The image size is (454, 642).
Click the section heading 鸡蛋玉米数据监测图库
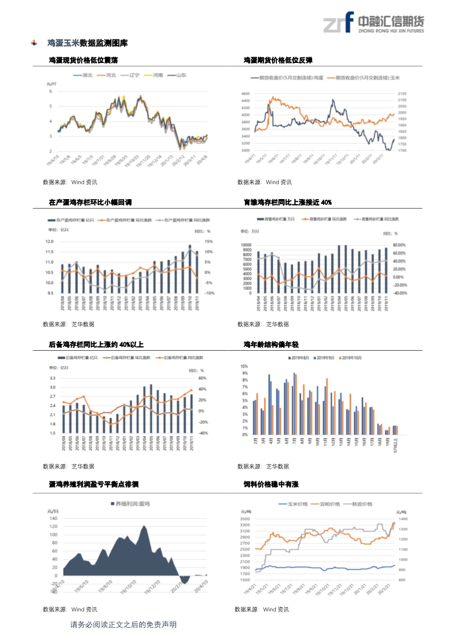coord(87,43)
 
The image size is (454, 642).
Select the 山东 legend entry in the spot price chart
coord(179,75)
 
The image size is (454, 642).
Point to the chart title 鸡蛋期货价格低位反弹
coord(278,60)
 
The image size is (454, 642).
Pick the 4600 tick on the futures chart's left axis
coord(246,93)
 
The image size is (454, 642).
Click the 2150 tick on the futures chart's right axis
coord(402,93)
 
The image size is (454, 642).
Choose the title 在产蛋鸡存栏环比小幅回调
coord(90,202)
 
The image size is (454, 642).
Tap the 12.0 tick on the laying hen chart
coord(49,241)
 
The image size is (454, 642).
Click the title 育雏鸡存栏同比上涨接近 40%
coord(287,202)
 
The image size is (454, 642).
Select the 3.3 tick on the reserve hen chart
coord(52,378)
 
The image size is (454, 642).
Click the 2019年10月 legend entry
coord(351,358)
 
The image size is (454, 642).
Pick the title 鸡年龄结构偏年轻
coord(271,344)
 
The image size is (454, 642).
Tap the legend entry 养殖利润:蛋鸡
coord(132,504)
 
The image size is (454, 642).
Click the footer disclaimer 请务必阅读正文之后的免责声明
coord(123,624)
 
